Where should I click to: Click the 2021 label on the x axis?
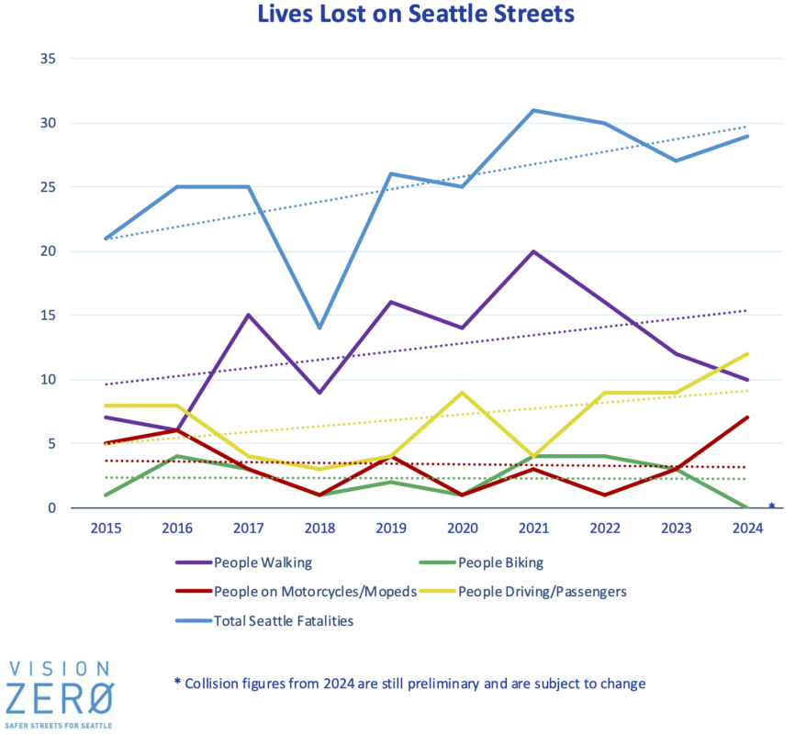(x=532, y=529)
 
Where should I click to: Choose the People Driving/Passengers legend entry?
(x=542, y=592)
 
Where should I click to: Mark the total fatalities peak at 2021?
(x=532, y=110)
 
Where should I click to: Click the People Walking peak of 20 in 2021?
(x=532, y=251)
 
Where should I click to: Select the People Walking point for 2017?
(x=248, y=316)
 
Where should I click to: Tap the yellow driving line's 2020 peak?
(x=463, y=393)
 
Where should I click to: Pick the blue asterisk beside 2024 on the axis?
(x=771, y=506)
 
